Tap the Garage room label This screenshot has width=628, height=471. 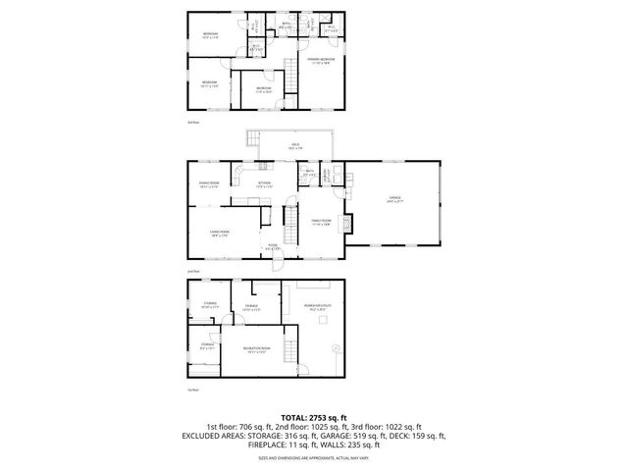point(394,198)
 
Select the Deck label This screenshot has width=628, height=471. point(294,146)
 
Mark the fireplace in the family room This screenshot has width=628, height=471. point(342,222)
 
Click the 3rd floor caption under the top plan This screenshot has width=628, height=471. point(192,123)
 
